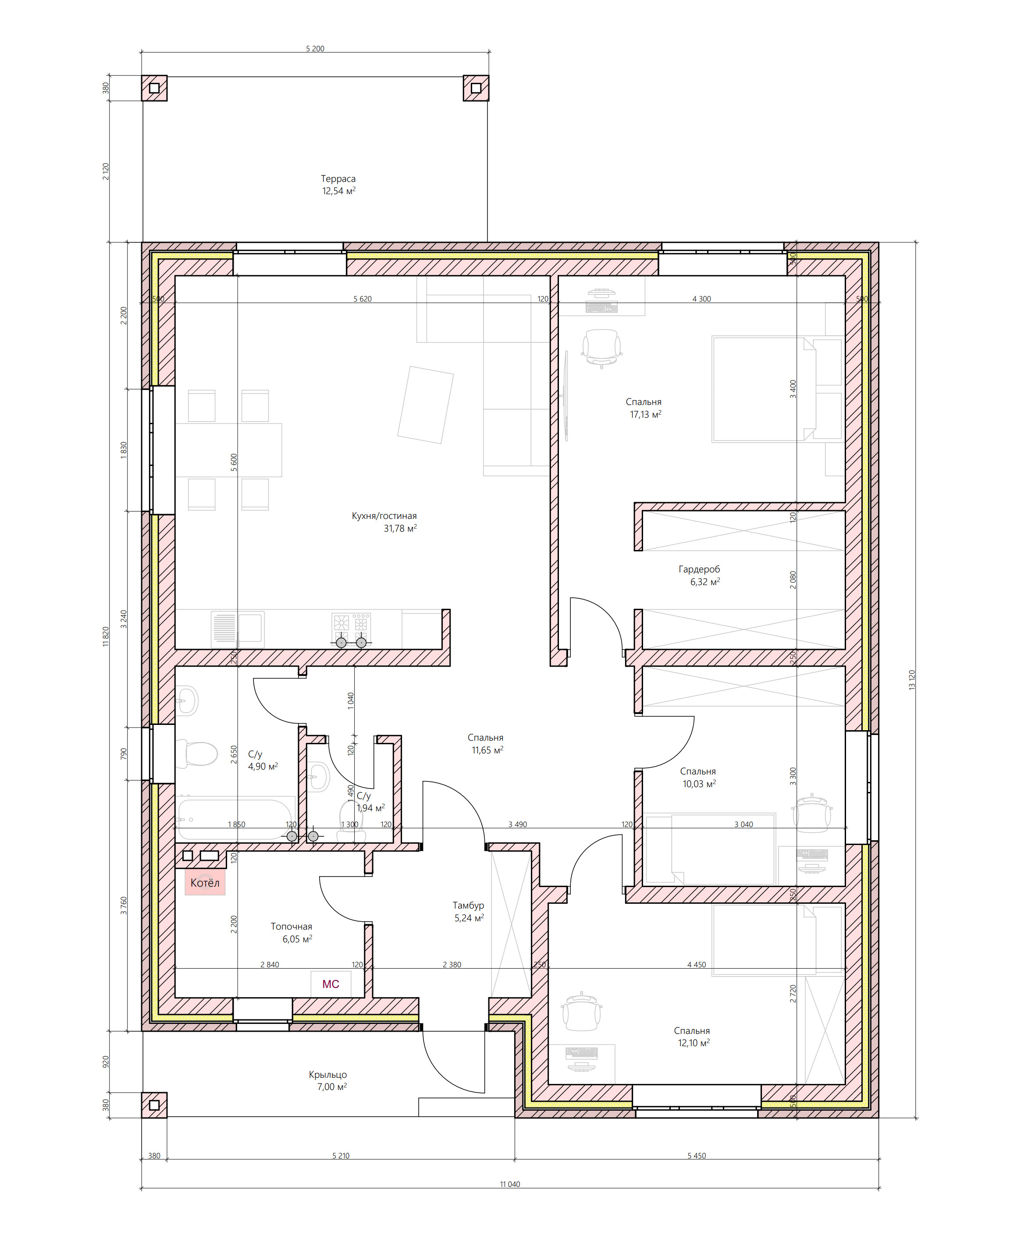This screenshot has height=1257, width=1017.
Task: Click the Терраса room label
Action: pos(338,179)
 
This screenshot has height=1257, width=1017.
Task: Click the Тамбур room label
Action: pos(468,905)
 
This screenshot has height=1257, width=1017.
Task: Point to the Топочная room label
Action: pos(291,926)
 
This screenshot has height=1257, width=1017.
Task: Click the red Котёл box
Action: pos(205,882)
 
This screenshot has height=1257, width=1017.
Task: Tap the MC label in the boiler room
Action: pos(331,984)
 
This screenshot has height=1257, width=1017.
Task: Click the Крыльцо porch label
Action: pos(327,1074)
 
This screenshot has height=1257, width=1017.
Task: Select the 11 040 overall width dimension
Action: pos(510,1184)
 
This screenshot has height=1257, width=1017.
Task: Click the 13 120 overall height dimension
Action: pos(911,679)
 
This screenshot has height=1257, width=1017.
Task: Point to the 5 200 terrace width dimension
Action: pos(315,49)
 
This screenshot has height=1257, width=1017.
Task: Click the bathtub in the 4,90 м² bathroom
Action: pos(235,818)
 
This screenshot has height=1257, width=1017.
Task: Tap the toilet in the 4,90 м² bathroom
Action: pos(197,754)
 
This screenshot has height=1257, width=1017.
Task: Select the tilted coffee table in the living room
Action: pos(425,405)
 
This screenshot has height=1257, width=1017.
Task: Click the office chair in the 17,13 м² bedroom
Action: pos(601,348)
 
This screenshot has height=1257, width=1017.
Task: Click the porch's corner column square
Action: pos(154,1105)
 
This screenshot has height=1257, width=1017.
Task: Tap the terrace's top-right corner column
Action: pos(476,88)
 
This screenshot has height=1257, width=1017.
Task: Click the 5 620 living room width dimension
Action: pos(362,299)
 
